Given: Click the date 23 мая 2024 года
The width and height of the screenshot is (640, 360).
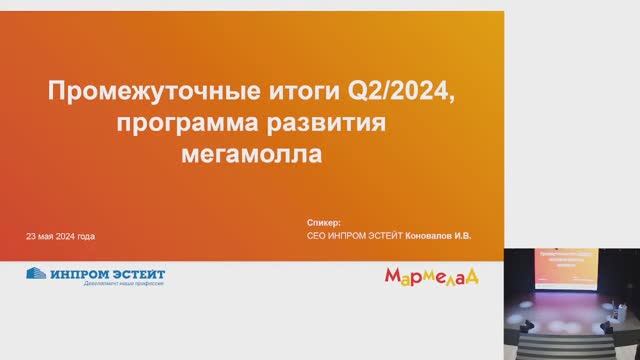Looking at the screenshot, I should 61,237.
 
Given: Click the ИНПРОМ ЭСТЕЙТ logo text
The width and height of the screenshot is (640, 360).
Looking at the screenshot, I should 109,273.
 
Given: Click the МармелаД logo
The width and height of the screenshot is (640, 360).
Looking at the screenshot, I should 429,275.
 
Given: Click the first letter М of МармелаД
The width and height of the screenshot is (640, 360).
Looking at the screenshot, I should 392,274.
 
